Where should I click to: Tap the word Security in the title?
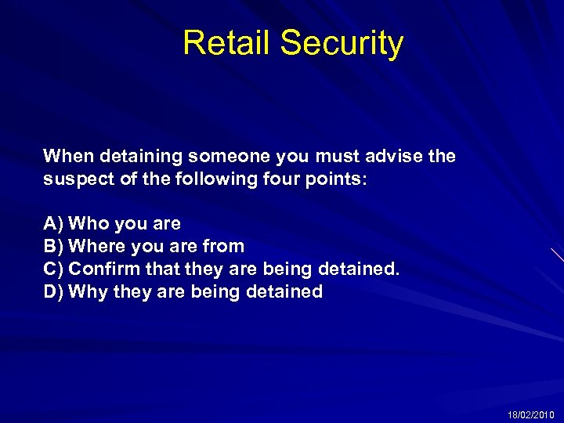342,43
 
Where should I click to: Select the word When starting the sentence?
67,156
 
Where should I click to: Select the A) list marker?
53,224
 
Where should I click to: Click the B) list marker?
53,247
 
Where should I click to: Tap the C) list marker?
53,269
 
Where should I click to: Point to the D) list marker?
53,292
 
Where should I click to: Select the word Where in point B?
97,247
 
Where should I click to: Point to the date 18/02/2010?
531,414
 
